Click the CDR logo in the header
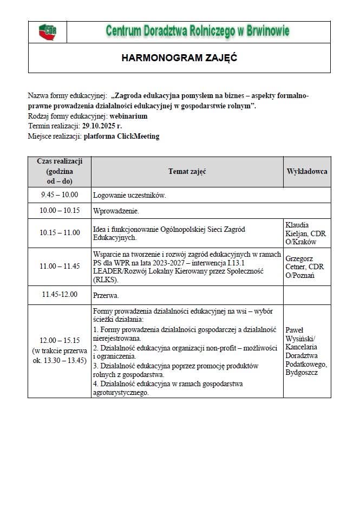(x=48, y=31)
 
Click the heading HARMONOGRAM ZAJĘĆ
(x=179, y=57)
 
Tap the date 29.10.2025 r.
(x=102, y=126)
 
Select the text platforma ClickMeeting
(x=121, y=136)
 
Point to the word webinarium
(x=128, y=116)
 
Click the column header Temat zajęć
(x=187, y=172)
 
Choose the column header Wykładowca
(x=306, y=172)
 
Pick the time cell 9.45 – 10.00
(x=60, y=195)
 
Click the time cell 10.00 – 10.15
(x=60, y=210)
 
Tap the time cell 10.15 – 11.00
(x=60, y=233)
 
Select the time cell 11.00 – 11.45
(x=60, y=266)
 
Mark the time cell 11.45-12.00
(x=60, y=295)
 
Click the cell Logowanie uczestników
(x=129, y=195)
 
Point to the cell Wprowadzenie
(x=116, y=211)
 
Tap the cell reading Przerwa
(x=106, y=296)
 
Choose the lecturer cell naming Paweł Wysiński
(x=306, y=351)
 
